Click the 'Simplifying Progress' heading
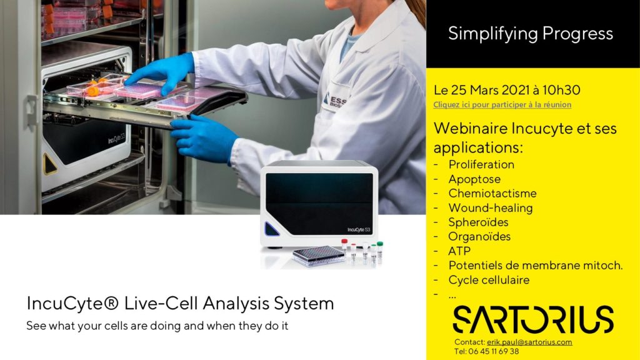530,34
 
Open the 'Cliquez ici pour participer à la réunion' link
502,104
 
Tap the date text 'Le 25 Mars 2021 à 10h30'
506,90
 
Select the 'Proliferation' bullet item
481,164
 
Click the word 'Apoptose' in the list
474,179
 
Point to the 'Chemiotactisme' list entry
492,194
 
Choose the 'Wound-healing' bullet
490,207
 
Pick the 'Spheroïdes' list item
478,222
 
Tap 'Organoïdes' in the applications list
479,237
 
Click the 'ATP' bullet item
459,251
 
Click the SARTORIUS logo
533,319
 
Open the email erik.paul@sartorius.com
529,342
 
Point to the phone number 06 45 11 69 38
494,351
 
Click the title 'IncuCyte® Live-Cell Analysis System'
180,303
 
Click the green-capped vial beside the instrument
379,249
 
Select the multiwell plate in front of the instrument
318,256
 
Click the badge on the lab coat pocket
335,101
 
